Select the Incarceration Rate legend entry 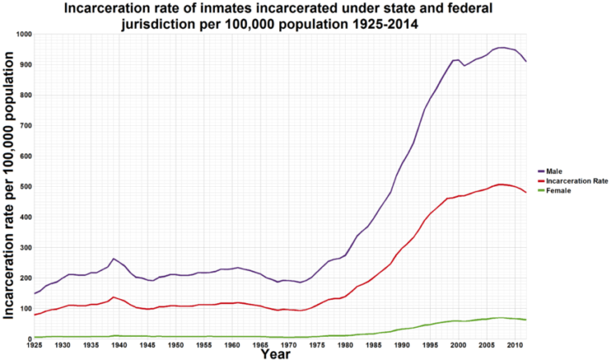coord(573,181)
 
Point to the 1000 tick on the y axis coord(22,34)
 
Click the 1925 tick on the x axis coord(34,345)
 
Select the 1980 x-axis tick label coord(345,345)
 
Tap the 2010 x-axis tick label coord(514,345)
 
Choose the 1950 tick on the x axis coord(176,345)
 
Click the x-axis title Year coord(276,354)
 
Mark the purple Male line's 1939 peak coord(113,259)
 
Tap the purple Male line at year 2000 coord(458,60)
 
